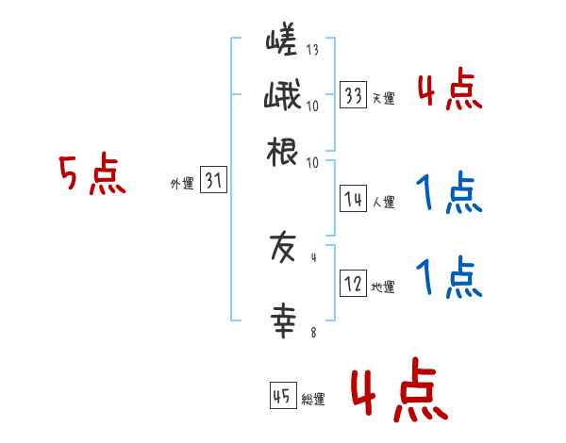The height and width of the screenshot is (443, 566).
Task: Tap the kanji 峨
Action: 283,97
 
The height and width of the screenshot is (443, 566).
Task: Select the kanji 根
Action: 283,152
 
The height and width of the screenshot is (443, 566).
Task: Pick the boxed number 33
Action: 354,94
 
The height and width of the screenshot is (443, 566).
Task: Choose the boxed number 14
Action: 354,199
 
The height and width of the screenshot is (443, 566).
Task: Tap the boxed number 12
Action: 354,285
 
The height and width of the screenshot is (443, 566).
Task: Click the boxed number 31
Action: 214,182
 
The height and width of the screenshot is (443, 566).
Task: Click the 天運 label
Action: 383,98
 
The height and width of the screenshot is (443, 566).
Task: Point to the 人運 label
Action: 383,202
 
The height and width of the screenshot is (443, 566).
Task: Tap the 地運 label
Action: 383,287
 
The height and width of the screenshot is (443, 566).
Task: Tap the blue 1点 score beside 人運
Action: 449,195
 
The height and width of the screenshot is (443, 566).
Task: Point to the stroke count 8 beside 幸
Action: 312,332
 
